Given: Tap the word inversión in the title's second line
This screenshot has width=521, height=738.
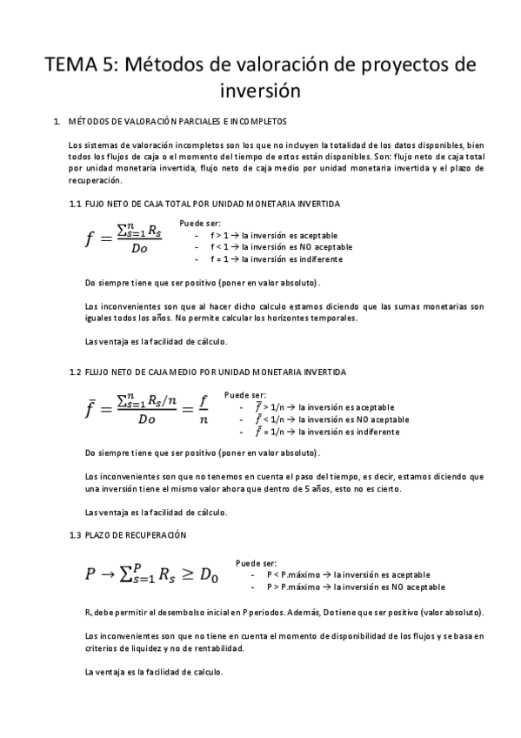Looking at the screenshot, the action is (x=260, y=90).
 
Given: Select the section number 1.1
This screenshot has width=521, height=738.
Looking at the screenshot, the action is (x=75, y=203).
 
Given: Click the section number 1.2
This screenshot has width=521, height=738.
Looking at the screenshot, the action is (x=75, y=372).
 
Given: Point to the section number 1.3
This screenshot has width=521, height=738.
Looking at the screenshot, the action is (x=75, y=533).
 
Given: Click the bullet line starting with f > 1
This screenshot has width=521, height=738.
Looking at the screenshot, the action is (x=274, y=235).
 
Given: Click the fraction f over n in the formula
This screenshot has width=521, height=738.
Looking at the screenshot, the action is (x=204, y=411).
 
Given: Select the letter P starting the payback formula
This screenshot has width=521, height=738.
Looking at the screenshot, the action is (x=90, y=574).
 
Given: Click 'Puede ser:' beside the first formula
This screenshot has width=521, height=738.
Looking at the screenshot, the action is (x=200, y=223).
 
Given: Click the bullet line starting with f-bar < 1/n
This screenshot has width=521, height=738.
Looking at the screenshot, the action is (x=324, y=419).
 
